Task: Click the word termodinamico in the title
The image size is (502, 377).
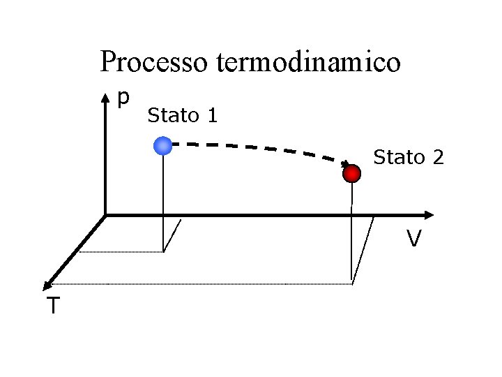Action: tap(308, 62)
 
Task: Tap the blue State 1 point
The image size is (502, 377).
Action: tap(162, 145)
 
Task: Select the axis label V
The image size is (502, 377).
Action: tap(414, 239)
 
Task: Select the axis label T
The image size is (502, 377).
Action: tap(53, 305)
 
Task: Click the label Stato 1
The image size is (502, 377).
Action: tap(183, 115)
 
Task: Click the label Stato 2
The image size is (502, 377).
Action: tap(409, 157)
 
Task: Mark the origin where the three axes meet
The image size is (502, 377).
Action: tap(105, 214)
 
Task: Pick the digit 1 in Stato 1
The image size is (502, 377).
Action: tap(212, 115)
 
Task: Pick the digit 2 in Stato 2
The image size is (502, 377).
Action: tap(437, 157)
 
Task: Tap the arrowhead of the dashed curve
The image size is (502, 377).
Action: tap(345, 166)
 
